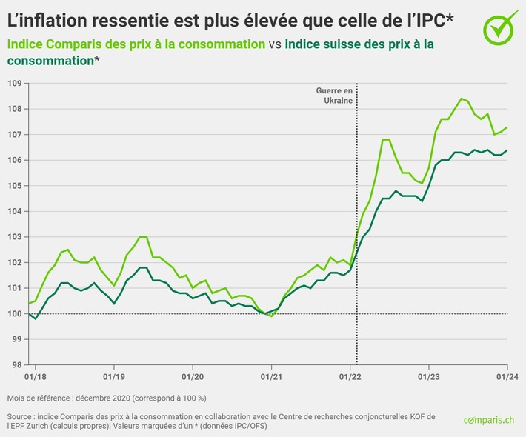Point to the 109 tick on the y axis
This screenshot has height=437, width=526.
(x=13, y=83)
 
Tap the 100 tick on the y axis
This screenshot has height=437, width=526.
(x=13, y=313)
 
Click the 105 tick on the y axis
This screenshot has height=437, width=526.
(x=13, y=185)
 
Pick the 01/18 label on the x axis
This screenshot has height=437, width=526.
(x=34, y=376)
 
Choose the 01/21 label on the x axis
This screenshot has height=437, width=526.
(x=272, y=376)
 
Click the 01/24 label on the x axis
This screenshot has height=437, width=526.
(x=507, y=376)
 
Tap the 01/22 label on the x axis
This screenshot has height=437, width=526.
(x=351, y=376)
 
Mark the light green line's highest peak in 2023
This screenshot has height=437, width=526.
(x=462, y=99)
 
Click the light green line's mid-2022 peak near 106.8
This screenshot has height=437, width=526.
(x=385, y=139)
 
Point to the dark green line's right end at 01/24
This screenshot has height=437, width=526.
(x=507, y=150)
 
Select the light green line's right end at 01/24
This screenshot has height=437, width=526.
(x=507, y=127)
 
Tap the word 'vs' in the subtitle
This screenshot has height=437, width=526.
(x=274, y=44)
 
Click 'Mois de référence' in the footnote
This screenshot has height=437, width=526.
(x=44, y=398)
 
